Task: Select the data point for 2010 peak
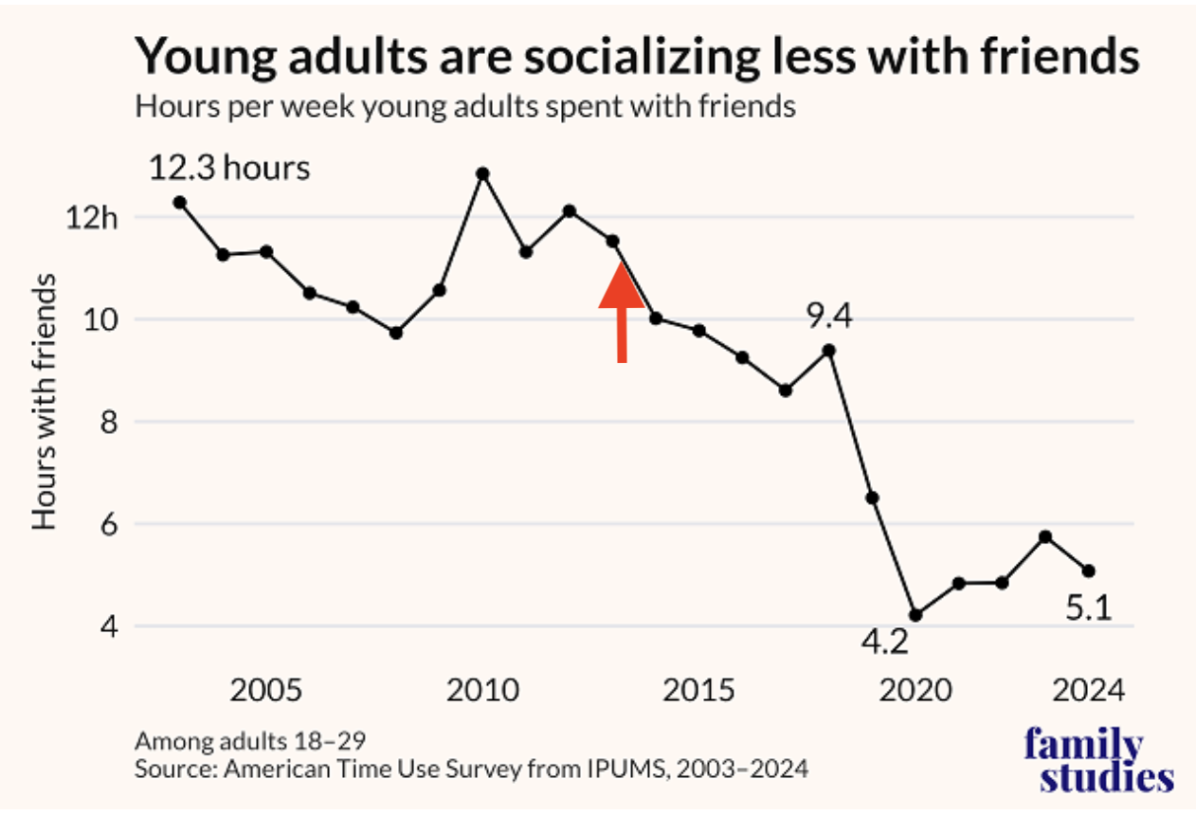[x=482, y=173]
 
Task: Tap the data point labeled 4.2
[x=915, y=615]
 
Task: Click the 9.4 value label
[x=829, y=315]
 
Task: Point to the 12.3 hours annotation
[x=229, y=168]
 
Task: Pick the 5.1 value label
[x=1087, y=608]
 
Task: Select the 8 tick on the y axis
[x=105, y=422]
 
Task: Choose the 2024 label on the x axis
[x=1087, y=689]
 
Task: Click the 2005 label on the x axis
[x=267, y=689]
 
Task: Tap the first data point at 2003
[x=179, y=202]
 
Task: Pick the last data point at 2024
[x=1088, y=570]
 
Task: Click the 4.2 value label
[x=884, y=643]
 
